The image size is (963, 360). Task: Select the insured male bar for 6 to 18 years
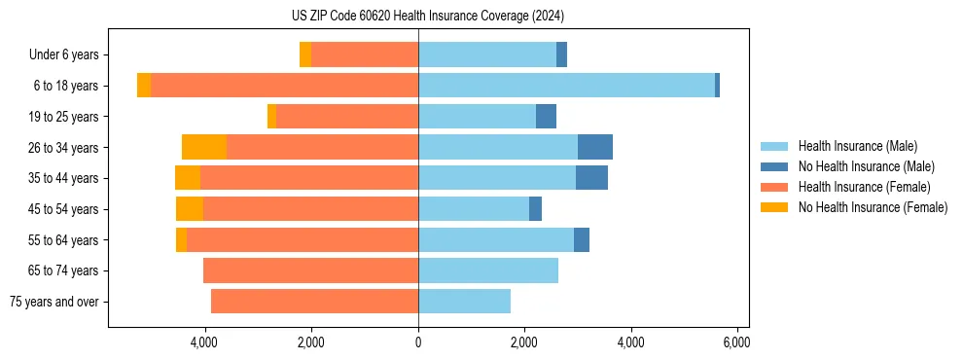click(566, 86)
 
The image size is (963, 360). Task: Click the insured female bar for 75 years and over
click(314, 302)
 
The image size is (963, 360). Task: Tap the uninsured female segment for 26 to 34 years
click(204, 147)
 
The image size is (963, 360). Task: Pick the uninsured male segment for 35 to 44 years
click(591, 178)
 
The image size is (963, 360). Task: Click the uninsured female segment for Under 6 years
click(305, 54)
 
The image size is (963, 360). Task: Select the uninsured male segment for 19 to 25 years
click(546, 117)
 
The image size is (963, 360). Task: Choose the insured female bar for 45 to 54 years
click(310, 209)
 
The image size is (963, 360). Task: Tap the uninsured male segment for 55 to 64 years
click(582, 239)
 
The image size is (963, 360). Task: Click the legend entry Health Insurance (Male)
click(857, 146)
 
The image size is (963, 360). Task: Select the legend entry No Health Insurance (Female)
click(873, 207)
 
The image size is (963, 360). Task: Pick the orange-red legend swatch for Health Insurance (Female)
click(774, 187)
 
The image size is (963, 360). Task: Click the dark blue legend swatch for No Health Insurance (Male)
click(774, 166)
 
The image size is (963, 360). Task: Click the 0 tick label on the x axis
click(418, 343)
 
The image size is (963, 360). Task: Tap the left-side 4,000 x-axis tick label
click(204, 343)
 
